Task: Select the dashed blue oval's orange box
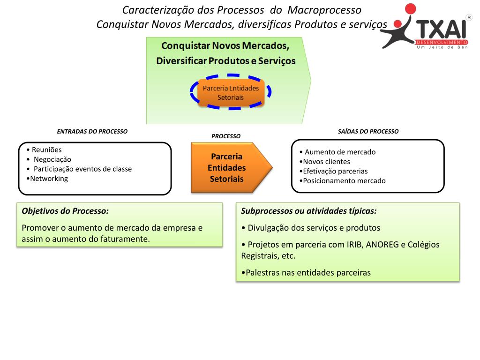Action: [231, 92]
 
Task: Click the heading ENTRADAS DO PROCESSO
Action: [92, 132]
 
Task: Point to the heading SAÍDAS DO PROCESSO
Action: [368, 132]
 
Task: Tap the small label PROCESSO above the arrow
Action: [226, 136]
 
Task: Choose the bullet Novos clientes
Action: [326, 162]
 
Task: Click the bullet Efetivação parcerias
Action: [335, 171]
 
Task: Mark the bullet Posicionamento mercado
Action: [344, 181]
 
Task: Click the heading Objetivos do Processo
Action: [65, 211]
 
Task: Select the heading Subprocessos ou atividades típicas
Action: [308, 211]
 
